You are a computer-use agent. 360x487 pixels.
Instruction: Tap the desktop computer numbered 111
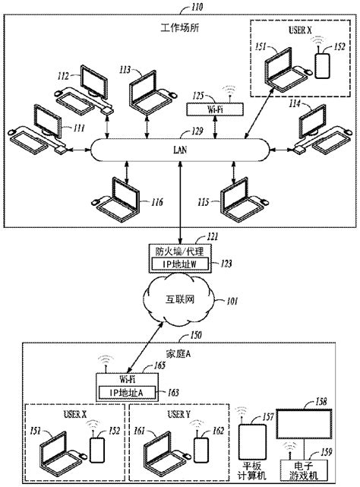pyautogui.click(x=38, y=131)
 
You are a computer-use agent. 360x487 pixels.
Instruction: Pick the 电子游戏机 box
pyautogui.click(x=308, y=470)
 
